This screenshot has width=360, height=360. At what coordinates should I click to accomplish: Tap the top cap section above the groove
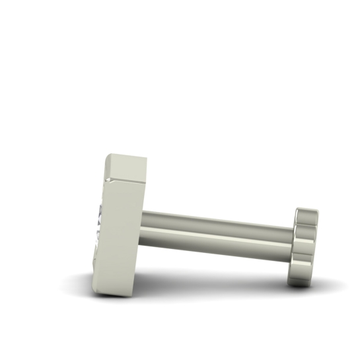pos(127,167)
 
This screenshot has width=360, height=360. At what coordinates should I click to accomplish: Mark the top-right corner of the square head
pos(146,159)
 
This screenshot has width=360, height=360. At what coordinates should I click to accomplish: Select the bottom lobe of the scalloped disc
pos(301,278)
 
